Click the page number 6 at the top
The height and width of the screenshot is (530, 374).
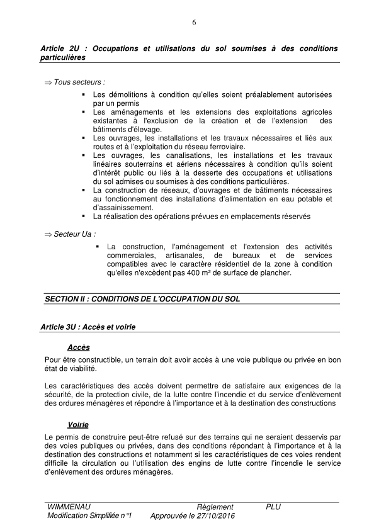click(194, 23)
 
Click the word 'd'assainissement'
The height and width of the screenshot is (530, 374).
click(122, 207)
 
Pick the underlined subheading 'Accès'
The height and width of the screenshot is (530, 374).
click(79, 347)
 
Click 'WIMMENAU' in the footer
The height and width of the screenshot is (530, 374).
click(68, 507)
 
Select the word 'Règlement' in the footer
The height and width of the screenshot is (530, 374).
click(215, 507)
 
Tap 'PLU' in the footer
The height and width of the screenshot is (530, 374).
click(273, 507)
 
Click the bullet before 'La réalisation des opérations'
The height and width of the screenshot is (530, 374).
click(84, 216)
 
